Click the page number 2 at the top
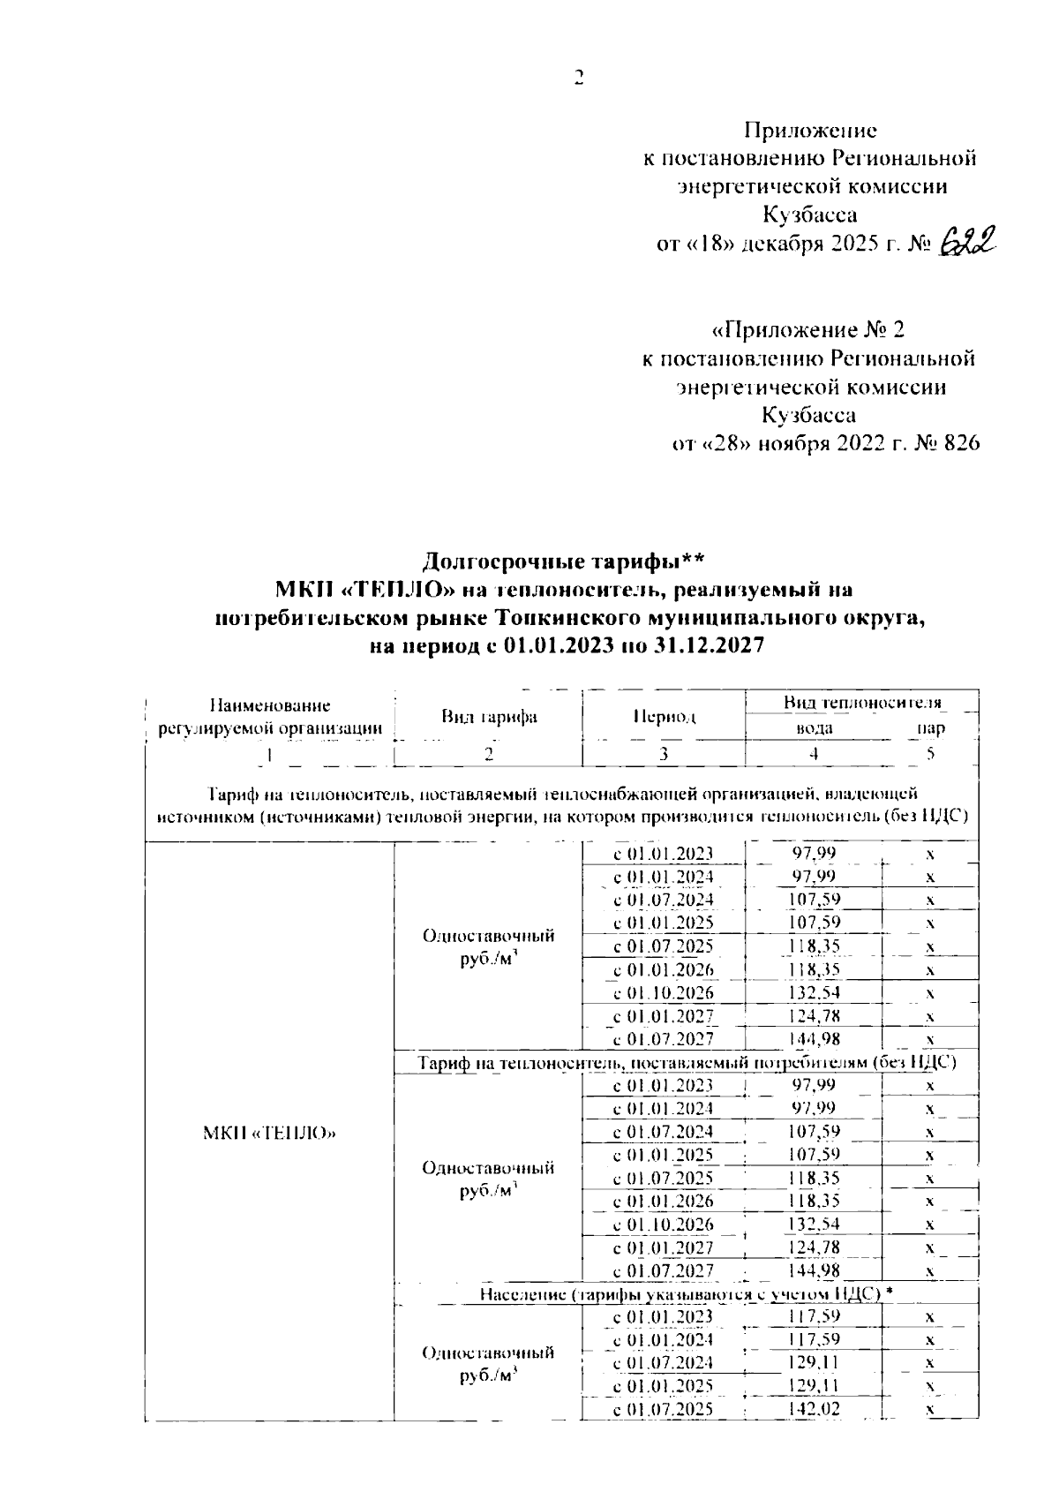[579, 78]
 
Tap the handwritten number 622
[968, 239]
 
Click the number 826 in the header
[961, 442]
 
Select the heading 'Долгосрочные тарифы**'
[563, 561]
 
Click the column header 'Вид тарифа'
[489, 717]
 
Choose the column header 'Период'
[664, 717]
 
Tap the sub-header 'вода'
[814, 729]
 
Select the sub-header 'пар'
[931, 729]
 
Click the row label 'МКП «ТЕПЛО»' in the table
[270, 1133]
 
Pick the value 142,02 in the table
[814, 1409]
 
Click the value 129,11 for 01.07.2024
[814, 1363]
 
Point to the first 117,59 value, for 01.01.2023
[814, 1316]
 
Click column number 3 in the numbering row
[664, 753]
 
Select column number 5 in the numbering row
[930, 753]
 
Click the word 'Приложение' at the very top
[810, 131]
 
